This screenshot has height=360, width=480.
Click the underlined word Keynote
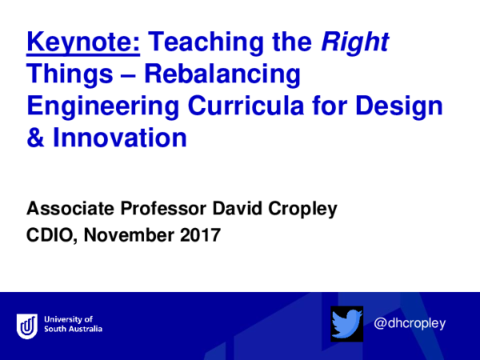83,42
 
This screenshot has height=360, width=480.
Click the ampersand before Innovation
36,138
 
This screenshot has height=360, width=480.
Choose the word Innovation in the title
119,138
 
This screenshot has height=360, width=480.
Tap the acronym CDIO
49,236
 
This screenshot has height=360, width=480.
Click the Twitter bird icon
347,323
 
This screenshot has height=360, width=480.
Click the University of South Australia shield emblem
27,325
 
